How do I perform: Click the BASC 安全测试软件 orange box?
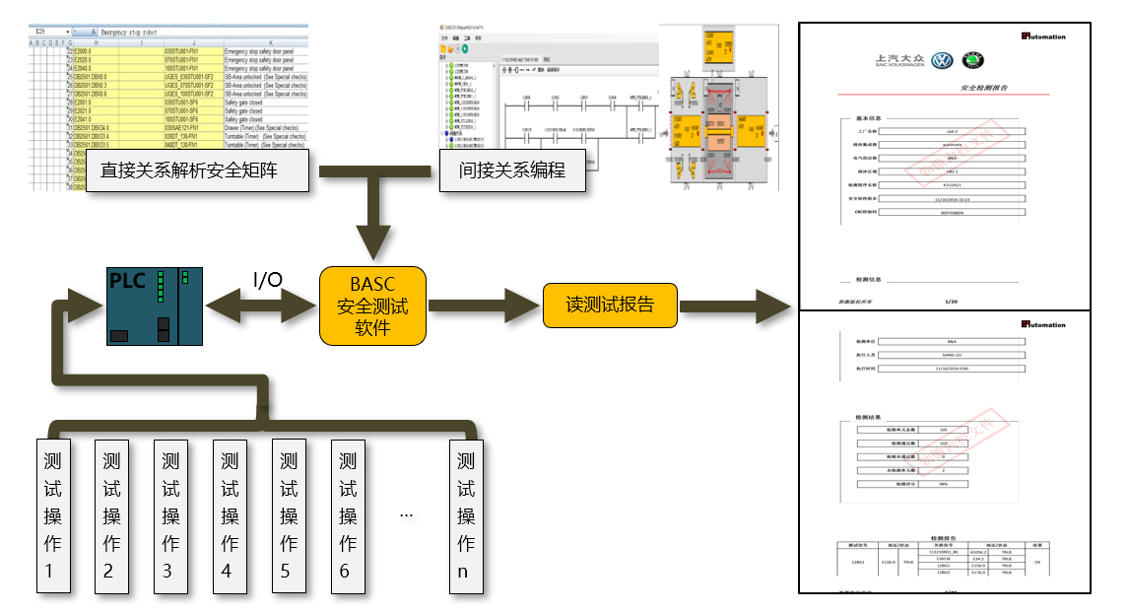click(x=372, y=306)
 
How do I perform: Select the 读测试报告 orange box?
click(x=610, y=305)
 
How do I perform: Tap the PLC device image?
click(x=155, y=306)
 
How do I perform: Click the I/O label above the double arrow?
click(x=268, y=281)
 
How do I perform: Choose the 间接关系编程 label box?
click(x=511, y=170)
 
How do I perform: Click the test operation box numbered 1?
click(x=53, y=514)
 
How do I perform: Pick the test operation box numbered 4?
click(x=230, y=514)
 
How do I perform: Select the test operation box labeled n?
click(x=466, y=514)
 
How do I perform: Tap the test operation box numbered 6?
click(x=347, y=514)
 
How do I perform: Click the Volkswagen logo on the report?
click(x=941, y=61)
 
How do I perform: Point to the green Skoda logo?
click(x=972, y=61)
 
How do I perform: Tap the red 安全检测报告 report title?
click(x=983, y=89)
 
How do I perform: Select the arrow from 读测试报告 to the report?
click(x=734, y=306)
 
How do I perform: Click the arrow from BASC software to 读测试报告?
click(x=484, y=306)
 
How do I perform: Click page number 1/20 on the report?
click(x=951, y=302)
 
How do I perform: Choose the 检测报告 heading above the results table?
click(x=945, y=538)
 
